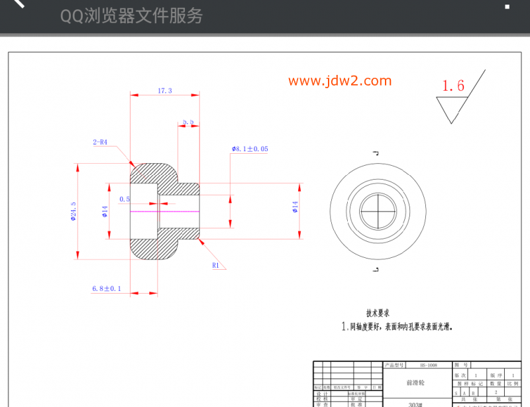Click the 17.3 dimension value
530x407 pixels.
click(x=164, y=90)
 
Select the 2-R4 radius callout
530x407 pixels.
click(x=99, y=142)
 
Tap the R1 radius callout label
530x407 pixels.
click(x=215, y=265)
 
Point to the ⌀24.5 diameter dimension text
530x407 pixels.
click(x=73, y=212)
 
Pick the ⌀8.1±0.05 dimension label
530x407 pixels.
click(x=250, y=149)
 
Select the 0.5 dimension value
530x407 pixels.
click(x=125, y=199)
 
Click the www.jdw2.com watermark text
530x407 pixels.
click(x=340, y=81)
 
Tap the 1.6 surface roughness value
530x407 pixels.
click(x=453, y=86)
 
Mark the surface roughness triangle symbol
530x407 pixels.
click(x=452, y=108)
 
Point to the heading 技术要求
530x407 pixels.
click(x=378, y=313)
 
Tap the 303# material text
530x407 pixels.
click(x=415, y=404)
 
